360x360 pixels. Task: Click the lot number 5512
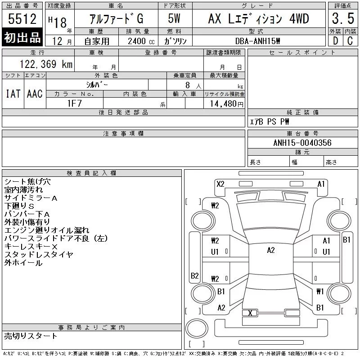pyautogui.click(x=22, y=18)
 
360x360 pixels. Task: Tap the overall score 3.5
pyautogui.click(x=343, y=18)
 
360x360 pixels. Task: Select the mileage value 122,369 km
pyautogui.click(x=46, y=64)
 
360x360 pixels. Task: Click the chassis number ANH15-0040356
pyautogui.click(x=302, y=143)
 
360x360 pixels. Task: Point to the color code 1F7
pyautogui.click(x=75, y=103)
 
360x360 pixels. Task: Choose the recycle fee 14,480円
pyautogui.click(x=226, y=104)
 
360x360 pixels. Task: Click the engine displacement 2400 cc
pyautogui.click(x=141, y=41)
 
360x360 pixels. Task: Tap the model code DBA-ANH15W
pyautogui.click(x=257, y=41)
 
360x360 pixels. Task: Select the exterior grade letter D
pyautogui.click(x=336, y=41)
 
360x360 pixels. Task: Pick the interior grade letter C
pyautogui.click(x=350, y=41)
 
